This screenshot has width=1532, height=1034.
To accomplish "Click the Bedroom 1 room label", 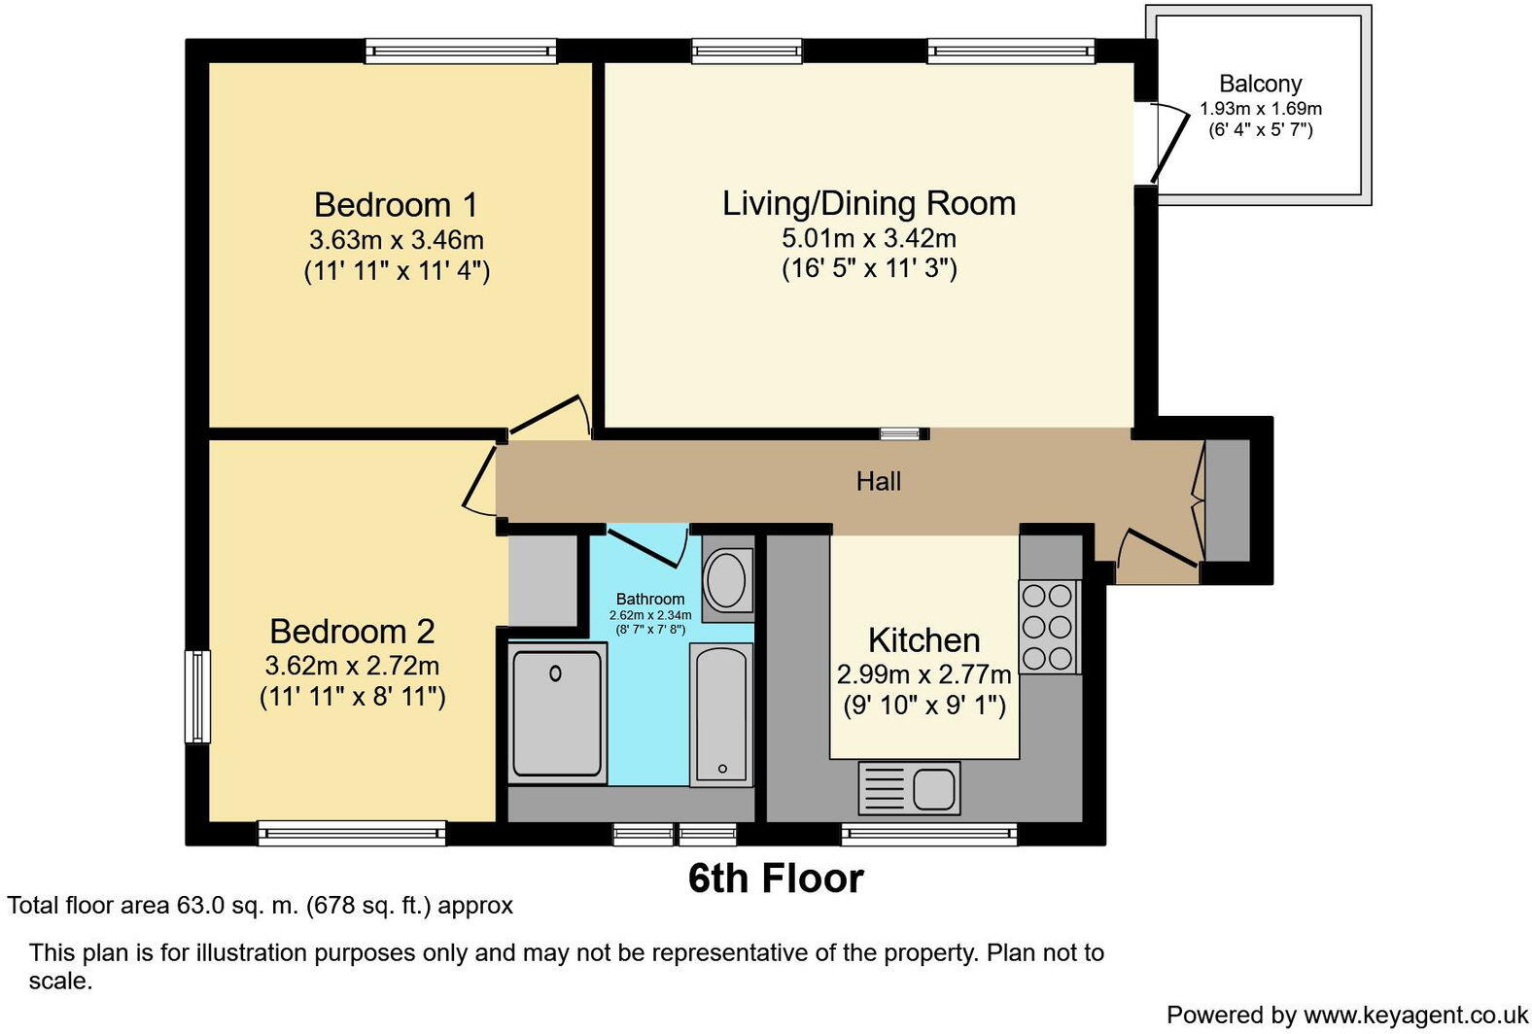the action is (396, 205).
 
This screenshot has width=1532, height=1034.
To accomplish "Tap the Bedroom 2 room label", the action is (352, 632).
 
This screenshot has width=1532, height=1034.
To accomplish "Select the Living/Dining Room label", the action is (869, 204).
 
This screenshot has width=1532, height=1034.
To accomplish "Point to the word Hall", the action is (878, 481).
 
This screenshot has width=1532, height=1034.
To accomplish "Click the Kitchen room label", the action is (924, 640).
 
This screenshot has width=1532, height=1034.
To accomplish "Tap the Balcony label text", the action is (1261, 85).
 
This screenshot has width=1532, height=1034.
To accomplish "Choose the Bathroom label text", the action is (650, 599).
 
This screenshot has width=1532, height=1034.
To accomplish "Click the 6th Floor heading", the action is (776, 879).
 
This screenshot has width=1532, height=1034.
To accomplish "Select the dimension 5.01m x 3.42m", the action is (869, 238).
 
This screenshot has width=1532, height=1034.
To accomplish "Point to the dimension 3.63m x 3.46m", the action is (397, 240).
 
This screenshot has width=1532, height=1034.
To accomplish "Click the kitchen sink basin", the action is (934, 788).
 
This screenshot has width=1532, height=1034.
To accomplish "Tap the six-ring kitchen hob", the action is (1049, 627).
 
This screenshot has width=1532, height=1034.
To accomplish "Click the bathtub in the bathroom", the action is (721, 715).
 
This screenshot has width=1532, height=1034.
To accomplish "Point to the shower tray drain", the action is (555, 673).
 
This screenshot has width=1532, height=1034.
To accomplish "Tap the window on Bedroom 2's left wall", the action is (197, 696).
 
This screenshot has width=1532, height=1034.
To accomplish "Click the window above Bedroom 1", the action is (461, 52).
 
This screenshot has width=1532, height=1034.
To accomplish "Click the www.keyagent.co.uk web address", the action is (1415, 1015).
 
